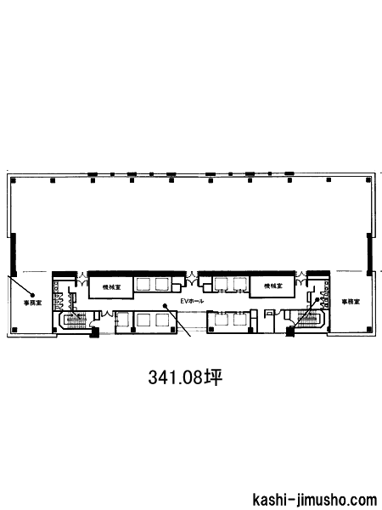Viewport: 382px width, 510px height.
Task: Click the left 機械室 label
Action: point(110,287)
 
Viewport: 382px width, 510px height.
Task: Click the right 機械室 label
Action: point(272,286)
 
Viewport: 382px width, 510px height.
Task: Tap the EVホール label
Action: point(192,301)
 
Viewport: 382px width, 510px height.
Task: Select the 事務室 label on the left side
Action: point(32,303)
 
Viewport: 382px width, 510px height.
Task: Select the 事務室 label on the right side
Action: point(351,302)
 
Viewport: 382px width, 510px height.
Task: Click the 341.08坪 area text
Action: point(185,377)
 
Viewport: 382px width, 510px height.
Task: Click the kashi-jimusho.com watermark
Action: point(314,501)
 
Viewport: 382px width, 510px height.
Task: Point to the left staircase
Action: point(76,320)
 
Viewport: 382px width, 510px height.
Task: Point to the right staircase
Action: point(307,320)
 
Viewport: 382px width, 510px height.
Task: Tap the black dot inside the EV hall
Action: point(165,305)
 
